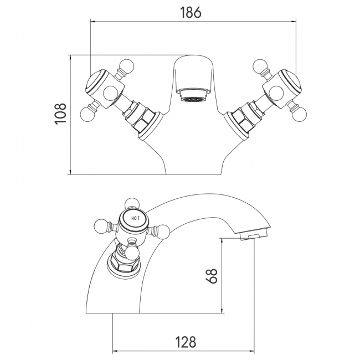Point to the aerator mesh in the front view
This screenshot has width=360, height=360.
coord(192,100)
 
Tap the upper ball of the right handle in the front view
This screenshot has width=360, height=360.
coord(260,66)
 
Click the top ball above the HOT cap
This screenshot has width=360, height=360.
coord(132,202)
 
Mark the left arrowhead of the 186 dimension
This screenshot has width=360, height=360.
coord(92,22)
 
